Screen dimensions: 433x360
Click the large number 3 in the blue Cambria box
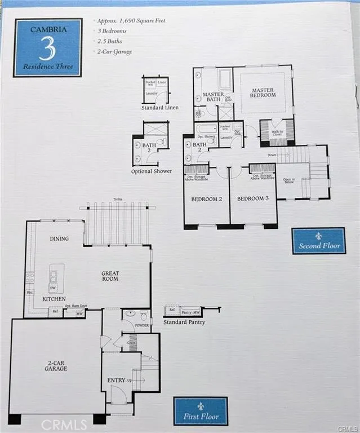[x=47, y=50]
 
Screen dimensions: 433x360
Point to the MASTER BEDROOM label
[x=263, y=93]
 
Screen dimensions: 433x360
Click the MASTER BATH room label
[x=213, y=97]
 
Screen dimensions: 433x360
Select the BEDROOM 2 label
[x=206, y=199]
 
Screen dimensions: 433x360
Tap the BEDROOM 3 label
[x=253, y=199]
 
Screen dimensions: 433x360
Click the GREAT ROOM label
[x=110, y=276]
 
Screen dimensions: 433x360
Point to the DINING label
[x=59, y=238]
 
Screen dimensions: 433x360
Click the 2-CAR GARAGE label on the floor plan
[x=56, y=365]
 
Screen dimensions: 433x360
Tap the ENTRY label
[x=116, y=381]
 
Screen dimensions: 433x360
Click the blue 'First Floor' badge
[x=201, y=411]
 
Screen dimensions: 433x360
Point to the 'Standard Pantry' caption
[x=184, y=322]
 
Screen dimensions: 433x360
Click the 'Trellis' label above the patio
[x=117, y=200]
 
